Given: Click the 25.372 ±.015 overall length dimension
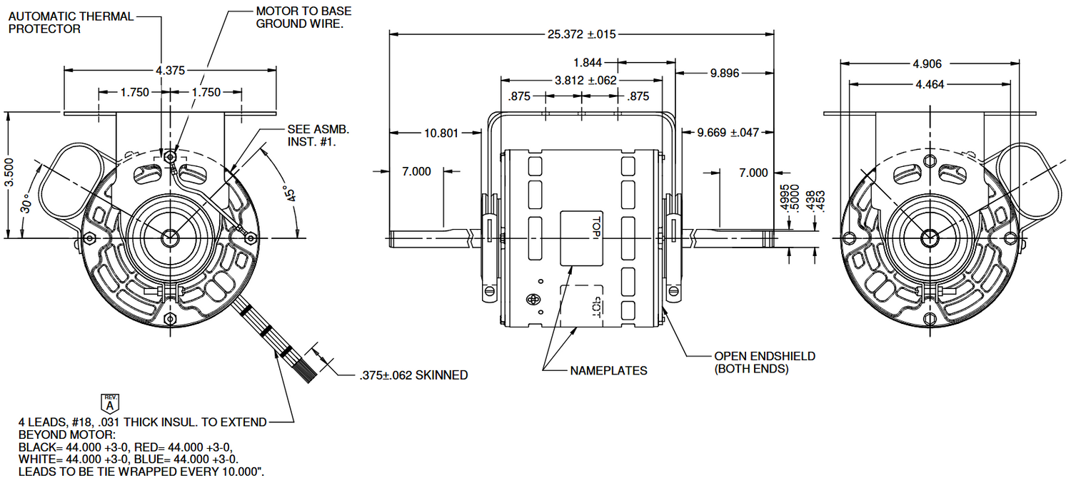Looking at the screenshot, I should (x=580, y=33).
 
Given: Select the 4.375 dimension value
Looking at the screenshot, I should (x=170, y=70).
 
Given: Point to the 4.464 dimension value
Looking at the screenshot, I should (x=930, y=84).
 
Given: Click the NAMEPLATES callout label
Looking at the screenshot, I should (x=609, y=371).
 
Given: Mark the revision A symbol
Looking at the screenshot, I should (x=110, y=402).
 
